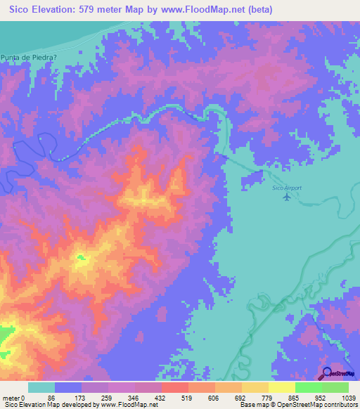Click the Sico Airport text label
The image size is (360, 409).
pyautogui.click(x=286, y=188)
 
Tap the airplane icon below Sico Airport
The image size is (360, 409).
pyautogui.click(x=285, y=197)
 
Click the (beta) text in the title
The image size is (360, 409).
pyautogui.click(x=257, y=10)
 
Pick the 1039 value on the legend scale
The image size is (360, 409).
pyautogui.click(x=347, y=397)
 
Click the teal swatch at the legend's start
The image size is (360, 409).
pyautogui.click(x=41, y=387)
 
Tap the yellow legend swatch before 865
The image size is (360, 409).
pyautogui.click(x=281, y=387)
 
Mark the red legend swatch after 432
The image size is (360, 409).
pyautogui.click(x=174, y=387)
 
